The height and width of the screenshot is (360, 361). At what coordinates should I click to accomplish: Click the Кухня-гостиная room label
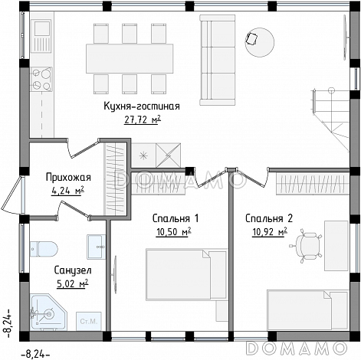pos(142,106)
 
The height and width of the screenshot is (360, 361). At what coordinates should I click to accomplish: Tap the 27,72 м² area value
pos(143,119)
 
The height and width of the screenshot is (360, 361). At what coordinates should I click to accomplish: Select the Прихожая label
pos(68,177)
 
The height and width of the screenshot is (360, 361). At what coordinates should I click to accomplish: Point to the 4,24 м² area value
pos(67,191)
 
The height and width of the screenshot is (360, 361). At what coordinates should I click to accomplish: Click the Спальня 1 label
pos(176,218)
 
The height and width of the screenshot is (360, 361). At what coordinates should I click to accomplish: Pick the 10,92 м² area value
pos(270,232)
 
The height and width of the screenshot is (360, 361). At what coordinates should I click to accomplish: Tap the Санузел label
pos(73,270)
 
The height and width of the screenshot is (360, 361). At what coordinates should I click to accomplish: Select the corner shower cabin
pos(48,313)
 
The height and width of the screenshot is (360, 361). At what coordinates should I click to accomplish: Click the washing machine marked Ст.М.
pos(89,321)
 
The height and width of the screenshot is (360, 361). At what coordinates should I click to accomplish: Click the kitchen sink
pos(42,37)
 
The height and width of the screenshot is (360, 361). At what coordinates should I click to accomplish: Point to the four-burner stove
pos(42,79)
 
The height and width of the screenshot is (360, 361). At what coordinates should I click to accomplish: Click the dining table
pos(130,59)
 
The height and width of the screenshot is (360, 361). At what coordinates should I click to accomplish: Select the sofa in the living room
pos(218,60)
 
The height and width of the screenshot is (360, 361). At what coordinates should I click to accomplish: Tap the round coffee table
pos(260,42)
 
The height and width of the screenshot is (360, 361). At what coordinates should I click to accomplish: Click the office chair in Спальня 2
pos(307,246)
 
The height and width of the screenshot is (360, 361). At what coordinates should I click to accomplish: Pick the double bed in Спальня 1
pos(186,274)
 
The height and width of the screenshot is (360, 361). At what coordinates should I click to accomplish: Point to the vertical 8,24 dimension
pos(7,324)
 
